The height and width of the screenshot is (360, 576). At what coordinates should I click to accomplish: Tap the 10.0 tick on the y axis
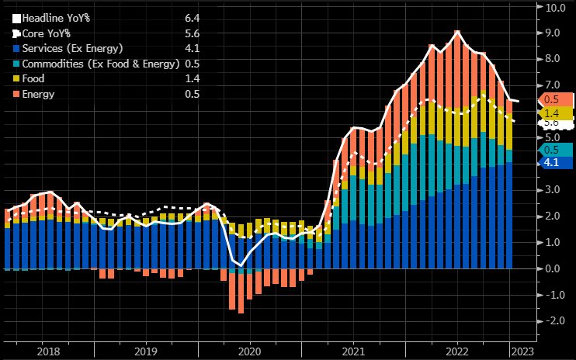click(557, 8)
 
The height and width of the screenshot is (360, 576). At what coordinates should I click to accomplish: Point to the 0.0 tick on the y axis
click(554, 268)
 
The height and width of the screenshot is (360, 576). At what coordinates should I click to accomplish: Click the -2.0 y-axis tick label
click(553, 320)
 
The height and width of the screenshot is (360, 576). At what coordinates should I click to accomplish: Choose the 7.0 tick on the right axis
click(554, 85)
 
